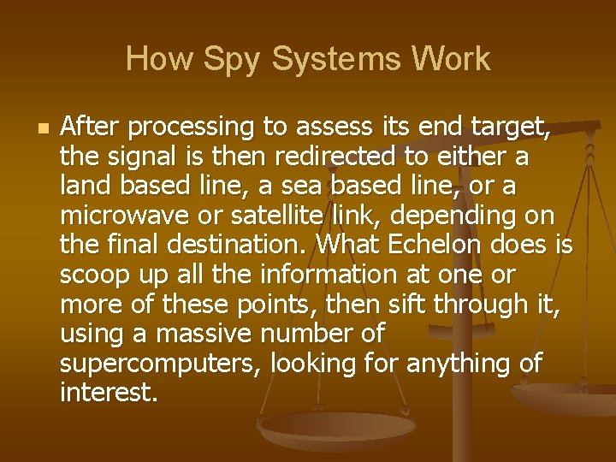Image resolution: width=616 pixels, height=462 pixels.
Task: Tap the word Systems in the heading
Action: click(330, 60)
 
